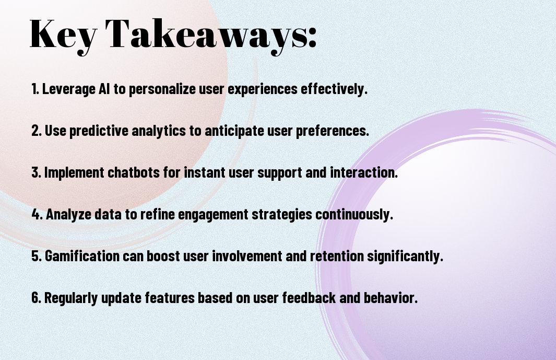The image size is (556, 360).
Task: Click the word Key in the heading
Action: tap(63, 35)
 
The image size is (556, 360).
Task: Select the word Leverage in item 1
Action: tap(69, 89)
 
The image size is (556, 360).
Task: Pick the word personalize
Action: tap(162, 89)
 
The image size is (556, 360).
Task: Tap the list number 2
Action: tap(36, 131)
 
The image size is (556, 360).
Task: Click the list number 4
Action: tap(37, 214)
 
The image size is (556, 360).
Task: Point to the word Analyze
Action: tap(68, 215)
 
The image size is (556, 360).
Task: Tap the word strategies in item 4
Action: tap(282, 215)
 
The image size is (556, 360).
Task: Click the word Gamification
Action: tap(82, 256)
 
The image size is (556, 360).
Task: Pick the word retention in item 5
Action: tap(337, 256)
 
